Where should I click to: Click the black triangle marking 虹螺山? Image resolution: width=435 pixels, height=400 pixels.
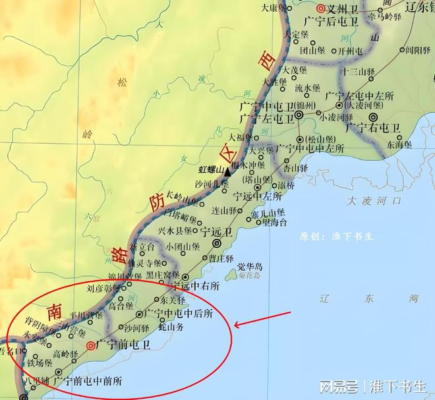point(227,171)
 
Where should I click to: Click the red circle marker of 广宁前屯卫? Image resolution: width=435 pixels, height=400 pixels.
point(90,345)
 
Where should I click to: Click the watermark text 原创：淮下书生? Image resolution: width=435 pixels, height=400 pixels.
point(336,236)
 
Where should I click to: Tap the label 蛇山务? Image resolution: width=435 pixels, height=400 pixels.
point(175,326)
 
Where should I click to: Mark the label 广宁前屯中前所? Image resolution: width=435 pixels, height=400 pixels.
point(88,380)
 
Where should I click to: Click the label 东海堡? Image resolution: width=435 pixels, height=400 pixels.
point(399,144)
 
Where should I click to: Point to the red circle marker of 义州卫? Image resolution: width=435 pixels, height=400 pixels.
point(320,9)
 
